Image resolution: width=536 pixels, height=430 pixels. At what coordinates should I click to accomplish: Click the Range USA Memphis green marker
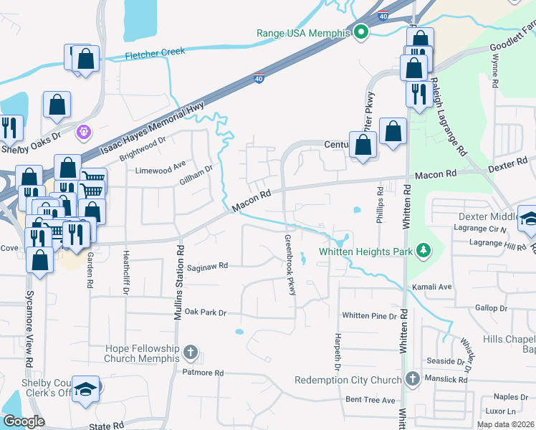361,32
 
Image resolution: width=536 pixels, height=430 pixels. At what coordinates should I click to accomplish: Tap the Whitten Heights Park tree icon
425,250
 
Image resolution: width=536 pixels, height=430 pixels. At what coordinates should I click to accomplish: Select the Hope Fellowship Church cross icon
190,352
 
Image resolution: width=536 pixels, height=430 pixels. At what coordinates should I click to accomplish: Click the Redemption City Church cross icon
412,378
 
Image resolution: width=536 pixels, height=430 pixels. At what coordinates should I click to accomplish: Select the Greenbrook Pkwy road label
291,264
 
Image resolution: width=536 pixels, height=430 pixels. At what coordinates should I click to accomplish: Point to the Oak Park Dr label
205,312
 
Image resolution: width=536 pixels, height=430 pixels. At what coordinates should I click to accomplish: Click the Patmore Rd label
203,373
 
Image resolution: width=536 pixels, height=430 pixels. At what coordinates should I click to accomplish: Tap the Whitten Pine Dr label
369,315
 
